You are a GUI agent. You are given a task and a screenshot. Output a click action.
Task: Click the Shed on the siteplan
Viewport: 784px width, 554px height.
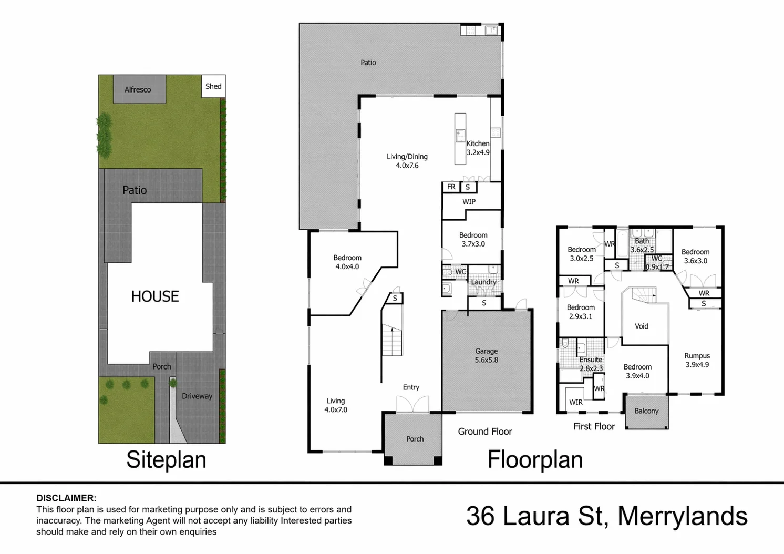[213, 86]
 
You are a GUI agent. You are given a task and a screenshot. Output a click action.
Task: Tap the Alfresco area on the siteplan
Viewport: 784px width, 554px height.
[139, 89]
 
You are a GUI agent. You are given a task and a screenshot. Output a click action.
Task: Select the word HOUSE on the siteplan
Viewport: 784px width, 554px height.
[155, 296]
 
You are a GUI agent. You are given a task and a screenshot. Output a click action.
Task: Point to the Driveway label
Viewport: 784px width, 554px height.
[197, 396]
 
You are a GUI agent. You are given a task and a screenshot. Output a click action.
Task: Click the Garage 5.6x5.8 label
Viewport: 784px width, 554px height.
[487, 355]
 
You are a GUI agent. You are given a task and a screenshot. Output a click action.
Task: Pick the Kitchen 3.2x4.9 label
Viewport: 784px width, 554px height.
[478, 148]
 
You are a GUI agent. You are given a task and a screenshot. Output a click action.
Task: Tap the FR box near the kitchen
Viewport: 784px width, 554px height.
[451, 187]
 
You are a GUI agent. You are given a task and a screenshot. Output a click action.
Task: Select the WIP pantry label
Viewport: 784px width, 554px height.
[469, 202]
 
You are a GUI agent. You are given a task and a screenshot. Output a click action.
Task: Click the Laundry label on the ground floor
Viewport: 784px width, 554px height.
[484, 282]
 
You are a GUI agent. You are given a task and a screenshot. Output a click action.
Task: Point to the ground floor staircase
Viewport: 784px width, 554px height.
[392, 340]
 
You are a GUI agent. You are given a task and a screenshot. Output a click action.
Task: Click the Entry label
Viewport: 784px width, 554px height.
[411, 387]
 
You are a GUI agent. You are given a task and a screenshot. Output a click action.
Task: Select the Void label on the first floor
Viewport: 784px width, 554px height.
[642, 326]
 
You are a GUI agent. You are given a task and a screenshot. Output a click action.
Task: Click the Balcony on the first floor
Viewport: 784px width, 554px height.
[646, 412]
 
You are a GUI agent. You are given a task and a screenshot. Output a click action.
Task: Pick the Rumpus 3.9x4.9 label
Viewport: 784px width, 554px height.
[697, 361]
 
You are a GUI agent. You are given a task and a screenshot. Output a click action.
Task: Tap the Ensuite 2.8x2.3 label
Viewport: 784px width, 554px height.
[591, 364]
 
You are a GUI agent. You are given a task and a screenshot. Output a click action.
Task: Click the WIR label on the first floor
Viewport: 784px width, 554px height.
[576, 403]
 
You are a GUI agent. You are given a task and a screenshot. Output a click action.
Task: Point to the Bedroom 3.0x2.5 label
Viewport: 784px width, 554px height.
[582, 254]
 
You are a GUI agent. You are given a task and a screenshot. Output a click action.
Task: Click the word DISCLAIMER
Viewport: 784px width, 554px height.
[67, 498]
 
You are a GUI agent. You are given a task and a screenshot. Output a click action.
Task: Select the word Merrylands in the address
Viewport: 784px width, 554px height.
[683, 517]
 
